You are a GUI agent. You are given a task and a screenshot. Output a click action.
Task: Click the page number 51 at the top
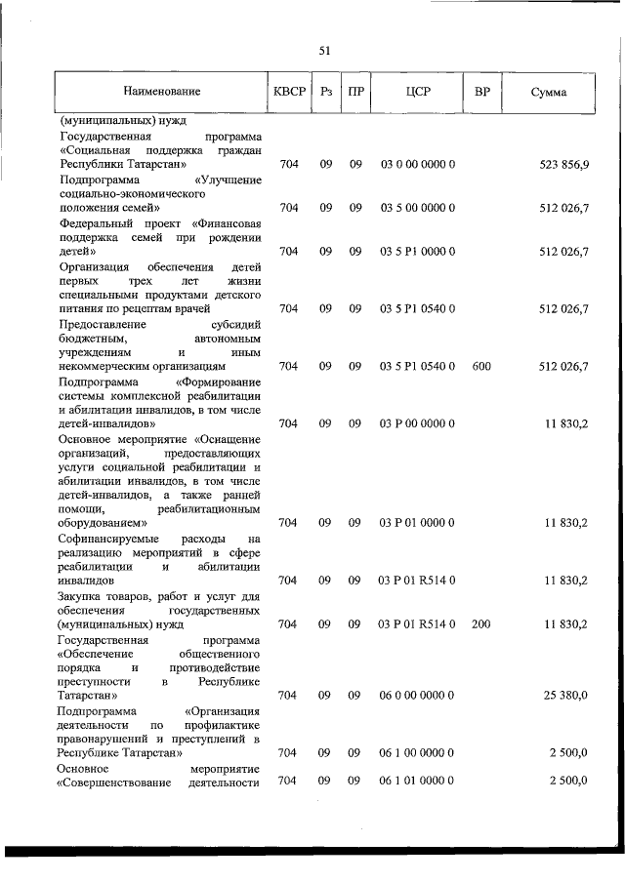pyautogui.click(x=325, y=51)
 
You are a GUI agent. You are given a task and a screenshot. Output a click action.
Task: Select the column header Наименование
pyautogui.click(x=161, y=92)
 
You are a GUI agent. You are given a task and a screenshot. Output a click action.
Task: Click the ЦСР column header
pyautogui.click(x=417, y=92)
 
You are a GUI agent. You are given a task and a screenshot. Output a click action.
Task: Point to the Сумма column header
pyautogui.click(x=550, y=92)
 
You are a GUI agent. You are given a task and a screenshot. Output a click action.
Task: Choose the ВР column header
pyautogui.click(x=480, y=92)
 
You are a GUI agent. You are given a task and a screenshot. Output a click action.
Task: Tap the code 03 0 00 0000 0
pyautogui.click(x=417, y=165)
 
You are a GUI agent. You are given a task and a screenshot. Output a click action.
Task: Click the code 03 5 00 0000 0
pyautogui.click(x=417, y=208)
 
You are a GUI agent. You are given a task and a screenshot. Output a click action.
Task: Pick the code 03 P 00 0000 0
pyautogui.click(x=417, y=423)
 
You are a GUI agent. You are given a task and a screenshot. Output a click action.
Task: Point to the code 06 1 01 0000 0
pyautogui.click(x=417, y=781)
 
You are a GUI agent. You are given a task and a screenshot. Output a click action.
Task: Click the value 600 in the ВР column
pyautogui.click(x=480, y=366)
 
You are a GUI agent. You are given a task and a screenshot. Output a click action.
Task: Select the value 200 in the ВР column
pyautogui.click(x=480, y=623)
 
